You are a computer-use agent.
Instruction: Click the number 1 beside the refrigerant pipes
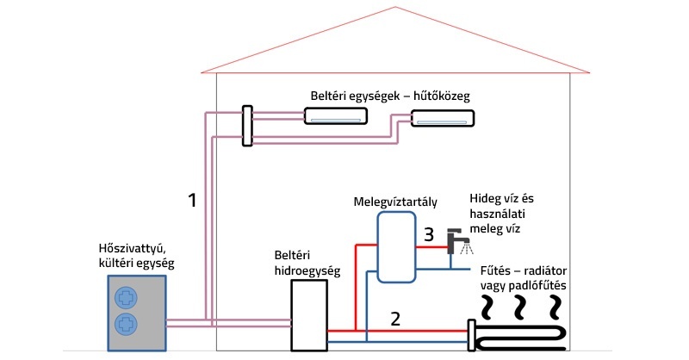pyautogui.click(x=193, y=201)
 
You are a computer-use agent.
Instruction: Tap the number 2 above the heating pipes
pyautogui.click(x=394, y=319)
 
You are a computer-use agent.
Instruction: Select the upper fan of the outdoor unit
pyautogui.click(x=126, y=298)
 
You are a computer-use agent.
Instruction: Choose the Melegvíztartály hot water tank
pyautogui.click(x=395, y=248)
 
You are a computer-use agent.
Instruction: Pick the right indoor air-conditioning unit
pyautogui.click(x=441, y=120)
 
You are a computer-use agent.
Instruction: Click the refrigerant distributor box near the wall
pyautogui.click(x=247, y=126)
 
